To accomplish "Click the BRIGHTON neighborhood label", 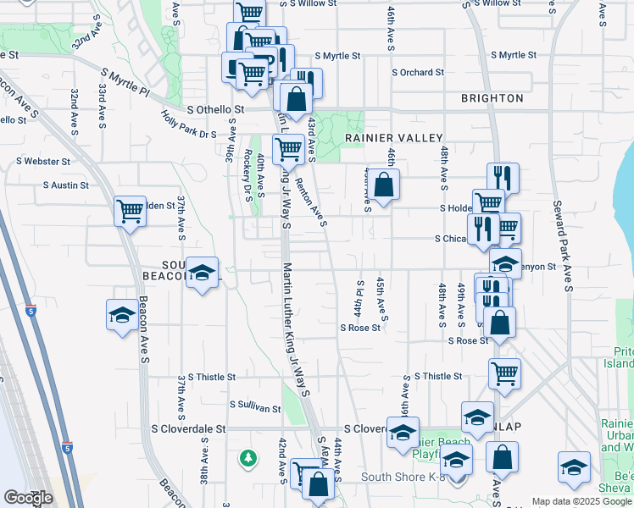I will tap(492, 98).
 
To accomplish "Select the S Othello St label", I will tap(215, 109).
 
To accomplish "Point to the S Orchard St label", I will tap(418, 73).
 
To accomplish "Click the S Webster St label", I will tap(43, 161).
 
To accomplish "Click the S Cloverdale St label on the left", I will tap(187, 429).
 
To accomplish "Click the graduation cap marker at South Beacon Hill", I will tap(202, 273).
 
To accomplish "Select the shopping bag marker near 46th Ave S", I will tap(383, 184).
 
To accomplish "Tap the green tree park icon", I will tap(248, 458).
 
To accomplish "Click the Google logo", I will tap(29, 497).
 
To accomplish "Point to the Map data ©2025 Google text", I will tap(581, 501).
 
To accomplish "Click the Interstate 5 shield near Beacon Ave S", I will tap(31, 311).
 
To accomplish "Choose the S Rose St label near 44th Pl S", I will tap(360, 328).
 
